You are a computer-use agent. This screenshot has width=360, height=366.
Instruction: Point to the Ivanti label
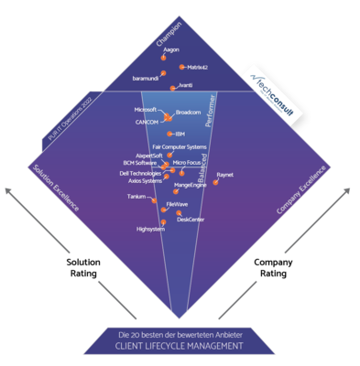tap(185, 85)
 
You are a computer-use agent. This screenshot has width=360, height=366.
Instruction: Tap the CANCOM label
tap(147, 122)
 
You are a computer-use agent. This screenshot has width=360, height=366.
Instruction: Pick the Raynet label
tap(224, 173)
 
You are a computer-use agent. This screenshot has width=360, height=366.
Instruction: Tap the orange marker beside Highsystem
tap(160, 222)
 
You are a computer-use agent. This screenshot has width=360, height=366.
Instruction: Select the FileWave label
tap(177, 204)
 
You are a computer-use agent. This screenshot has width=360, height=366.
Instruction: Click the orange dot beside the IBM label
tap(169, 134)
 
